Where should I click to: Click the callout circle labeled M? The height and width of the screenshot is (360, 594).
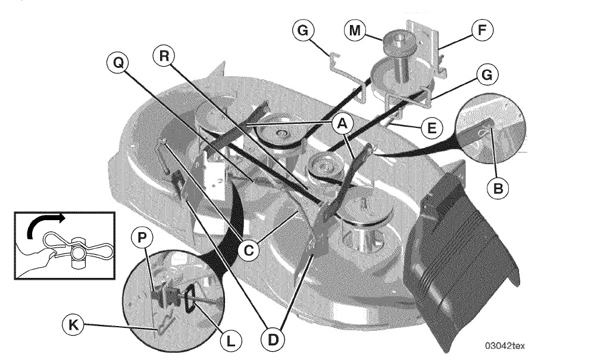355,30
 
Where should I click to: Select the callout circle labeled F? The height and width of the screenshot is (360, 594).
482,30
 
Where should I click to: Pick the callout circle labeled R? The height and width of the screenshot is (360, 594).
164,57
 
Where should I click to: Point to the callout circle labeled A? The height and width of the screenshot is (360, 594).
342,123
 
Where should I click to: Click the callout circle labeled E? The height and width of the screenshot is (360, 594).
432,129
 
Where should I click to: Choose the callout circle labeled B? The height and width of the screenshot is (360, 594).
498,188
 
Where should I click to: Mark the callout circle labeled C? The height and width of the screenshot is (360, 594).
248,251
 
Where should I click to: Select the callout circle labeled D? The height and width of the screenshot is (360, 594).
273,340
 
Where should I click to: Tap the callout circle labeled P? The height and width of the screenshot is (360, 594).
142,238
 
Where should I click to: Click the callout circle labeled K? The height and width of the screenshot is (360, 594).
73,325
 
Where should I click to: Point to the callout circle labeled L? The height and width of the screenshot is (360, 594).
231,341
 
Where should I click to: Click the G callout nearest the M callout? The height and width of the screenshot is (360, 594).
303,30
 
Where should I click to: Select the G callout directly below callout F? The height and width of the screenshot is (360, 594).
487,74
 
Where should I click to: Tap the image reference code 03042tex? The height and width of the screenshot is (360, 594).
505,345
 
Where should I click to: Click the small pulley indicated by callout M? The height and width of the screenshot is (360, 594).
399,43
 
